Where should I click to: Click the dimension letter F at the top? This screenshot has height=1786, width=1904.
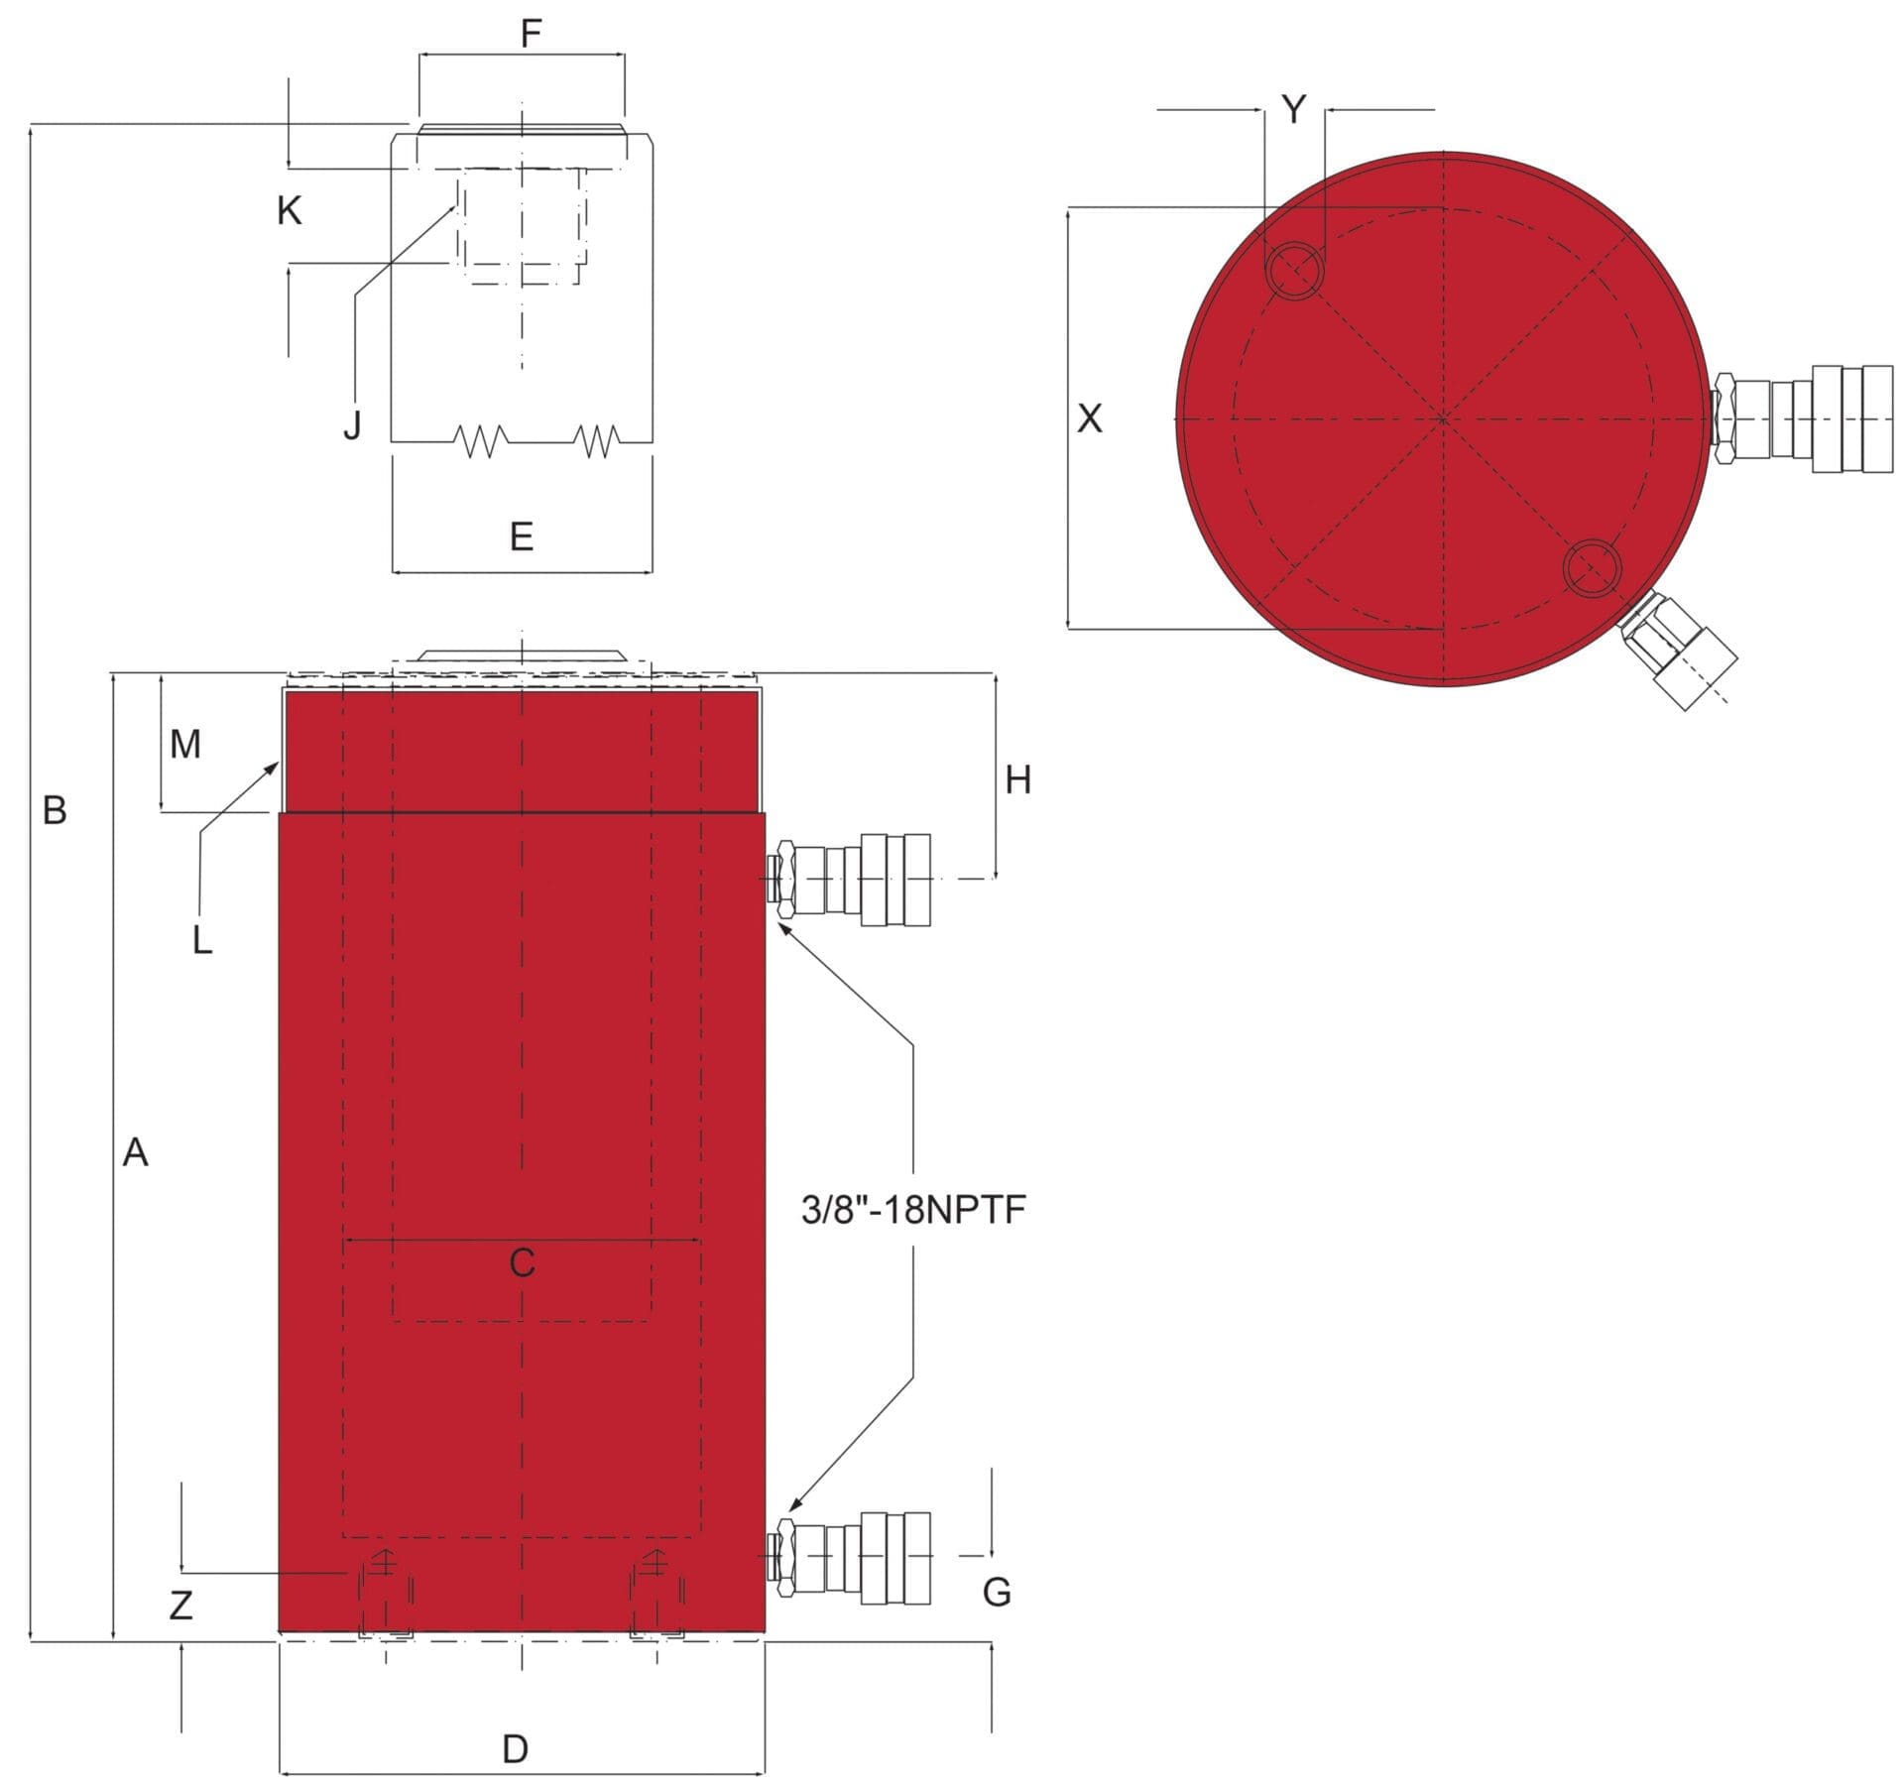pos(532,34)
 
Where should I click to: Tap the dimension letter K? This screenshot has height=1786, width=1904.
pos(290,210)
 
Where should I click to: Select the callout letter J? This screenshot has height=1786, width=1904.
pos(352,424)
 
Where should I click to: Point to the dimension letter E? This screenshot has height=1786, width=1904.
pos(522,536)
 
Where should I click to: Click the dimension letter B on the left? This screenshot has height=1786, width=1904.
pos(55,810)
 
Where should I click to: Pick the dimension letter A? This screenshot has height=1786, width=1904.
pos(135,1152)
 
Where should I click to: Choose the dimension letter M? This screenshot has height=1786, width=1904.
pos(185,743)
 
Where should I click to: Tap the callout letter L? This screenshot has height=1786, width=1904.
pos(202,939)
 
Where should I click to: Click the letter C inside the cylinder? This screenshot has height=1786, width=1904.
pos(522,1262)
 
